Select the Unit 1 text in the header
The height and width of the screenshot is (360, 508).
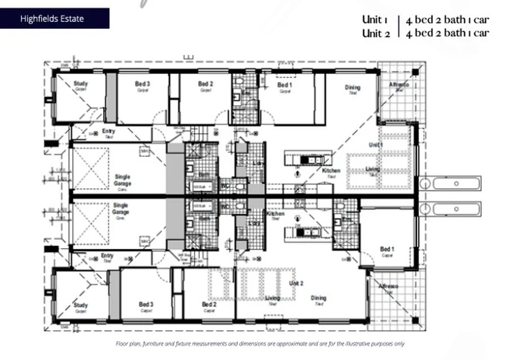375,20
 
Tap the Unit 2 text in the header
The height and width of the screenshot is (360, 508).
375,33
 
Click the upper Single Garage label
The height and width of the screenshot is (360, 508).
122,180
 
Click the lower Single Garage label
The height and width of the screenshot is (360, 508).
120,209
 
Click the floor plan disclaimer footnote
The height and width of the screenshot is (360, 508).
260,344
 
